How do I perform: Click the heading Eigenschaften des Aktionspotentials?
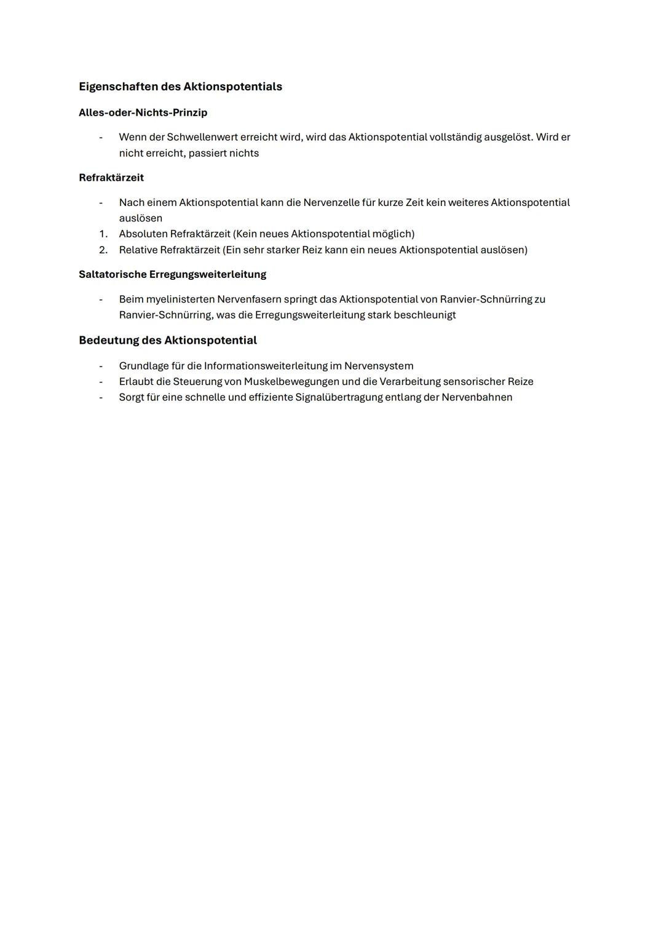tap(180, 87)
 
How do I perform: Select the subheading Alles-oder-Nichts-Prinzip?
tap(143, 113)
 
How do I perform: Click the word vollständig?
tap(455, 137)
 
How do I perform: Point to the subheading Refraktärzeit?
tap(111, 178)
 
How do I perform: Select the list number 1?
tap(103, 234)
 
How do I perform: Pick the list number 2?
tap(103, 250)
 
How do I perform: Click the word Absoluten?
tap(143, 234)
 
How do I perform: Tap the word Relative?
tap(138, 250)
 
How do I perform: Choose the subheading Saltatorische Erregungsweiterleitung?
tap(172, 274)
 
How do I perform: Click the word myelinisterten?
tap(180, 299)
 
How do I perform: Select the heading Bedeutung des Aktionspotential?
tap(168, 340)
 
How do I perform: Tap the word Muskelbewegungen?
tap(291, 382)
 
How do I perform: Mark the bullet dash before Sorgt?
tap(101, 397)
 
